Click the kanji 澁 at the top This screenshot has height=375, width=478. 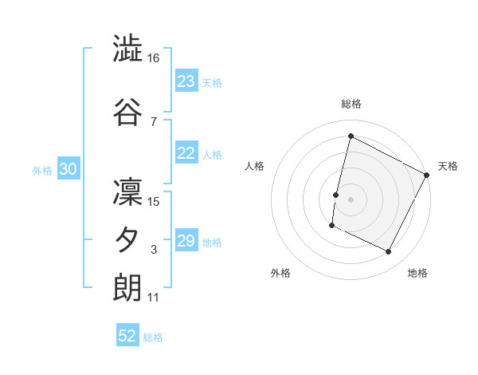click(x=127, y=51)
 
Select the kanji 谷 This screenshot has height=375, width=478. click(x=127, y=112)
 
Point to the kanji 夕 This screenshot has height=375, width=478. click(x=127, y=239)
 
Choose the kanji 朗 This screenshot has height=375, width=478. click(x=127, y=287)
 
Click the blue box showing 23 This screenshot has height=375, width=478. click(x=186, y=81)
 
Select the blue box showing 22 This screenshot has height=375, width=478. click(x=186, y=154)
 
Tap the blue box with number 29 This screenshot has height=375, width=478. click(x=186, y=241)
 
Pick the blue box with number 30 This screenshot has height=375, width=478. click(x=68, y=169)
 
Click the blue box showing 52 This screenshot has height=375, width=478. click(x=127, y=336)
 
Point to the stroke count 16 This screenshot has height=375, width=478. click(x=155, y=59)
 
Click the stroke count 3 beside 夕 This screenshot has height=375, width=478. click(x=154, y=250)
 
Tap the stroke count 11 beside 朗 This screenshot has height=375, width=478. click(x=153, y=298)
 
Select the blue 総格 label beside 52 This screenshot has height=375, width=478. click(x=153, y=337)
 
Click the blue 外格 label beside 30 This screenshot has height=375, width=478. click(x=42, y=170)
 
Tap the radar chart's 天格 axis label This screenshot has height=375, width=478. click(x=448, y=166)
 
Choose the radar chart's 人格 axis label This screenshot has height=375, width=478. click(x=254, y=166)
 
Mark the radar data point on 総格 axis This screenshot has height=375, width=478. click(x=351, y=136)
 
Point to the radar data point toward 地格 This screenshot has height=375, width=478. click(x=388, y=252)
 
